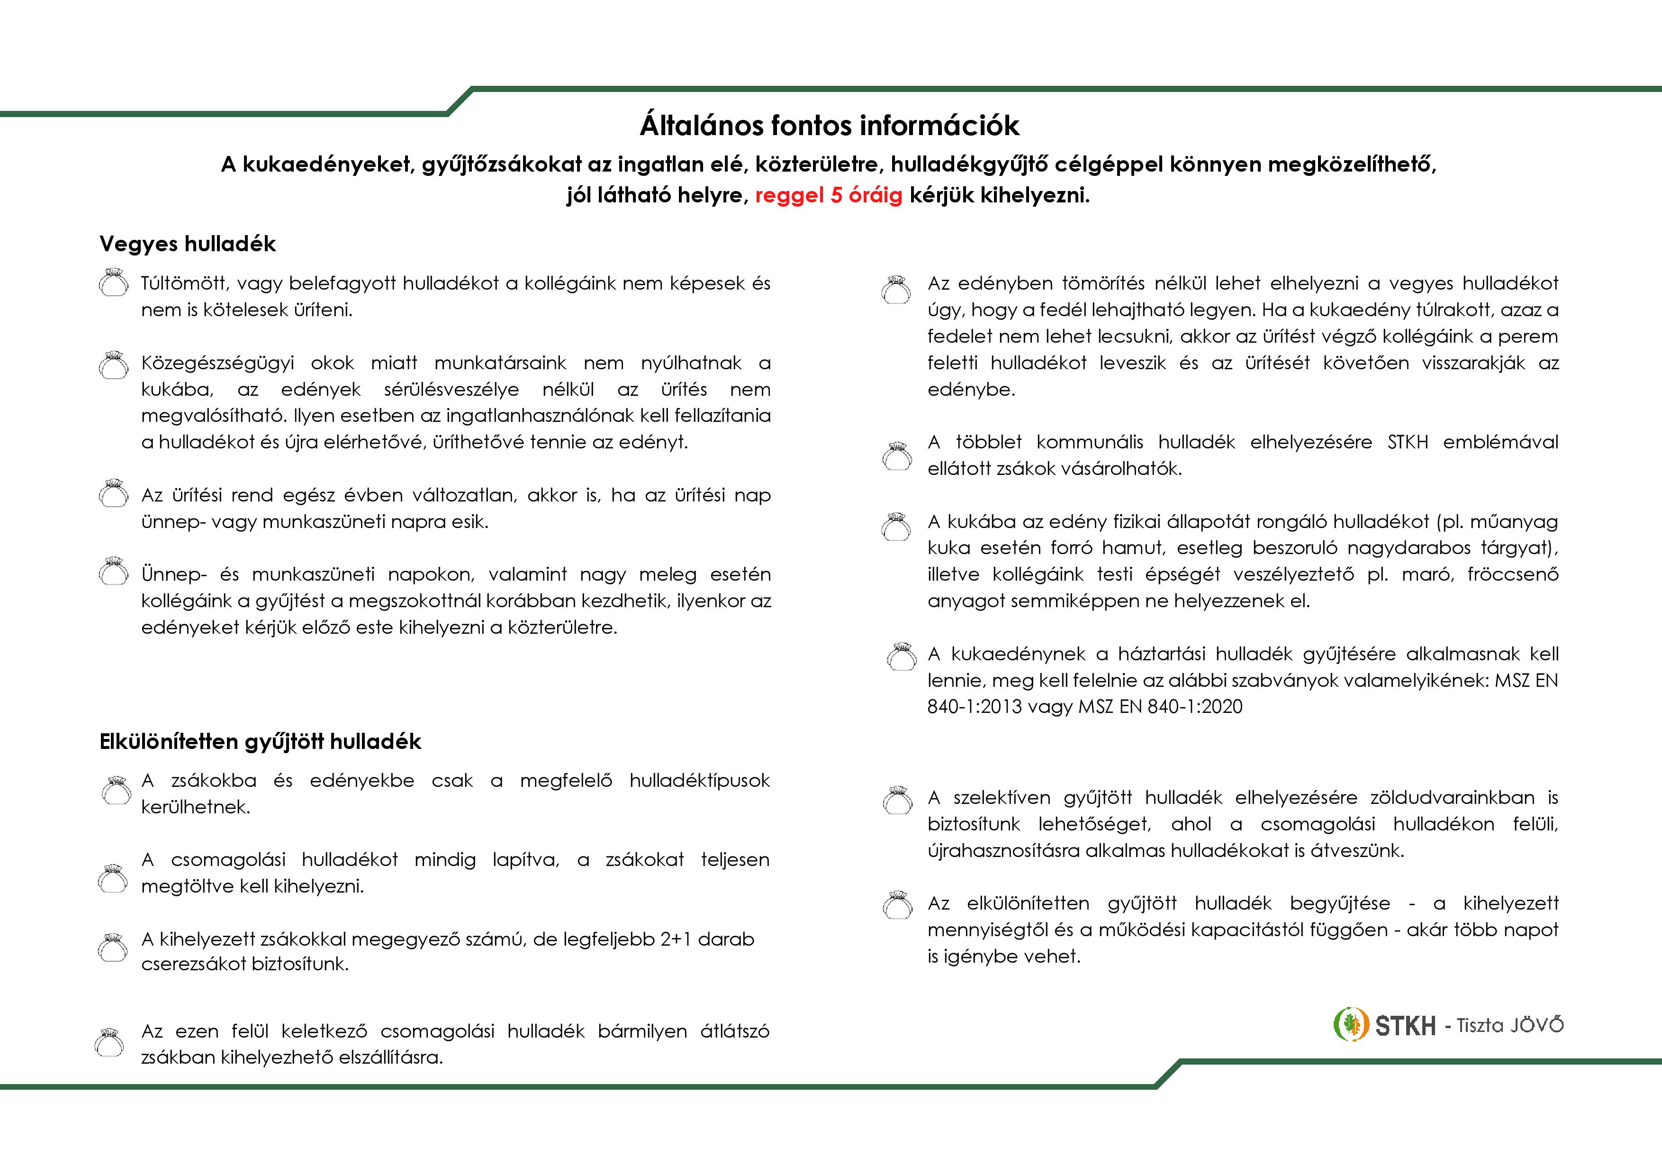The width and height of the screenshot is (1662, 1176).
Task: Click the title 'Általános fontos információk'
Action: (x=830, y=125)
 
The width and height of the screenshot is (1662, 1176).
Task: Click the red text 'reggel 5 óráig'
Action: (x=828, y=195)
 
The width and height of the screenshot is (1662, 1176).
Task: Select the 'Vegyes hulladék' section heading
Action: (x=188, y=244)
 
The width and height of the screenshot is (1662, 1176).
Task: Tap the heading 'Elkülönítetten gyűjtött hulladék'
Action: (x=260, y=741)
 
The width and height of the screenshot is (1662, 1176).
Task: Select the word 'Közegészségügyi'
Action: (x=217, y=363)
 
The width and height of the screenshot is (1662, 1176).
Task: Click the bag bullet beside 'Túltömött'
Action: (x=113, y=284)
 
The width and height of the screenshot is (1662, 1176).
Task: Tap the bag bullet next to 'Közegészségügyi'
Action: (x=113, y=365)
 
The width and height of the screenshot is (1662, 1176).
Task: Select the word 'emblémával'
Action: (x=1500, y=442)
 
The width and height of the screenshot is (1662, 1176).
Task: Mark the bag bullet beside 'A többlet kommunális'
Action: (x=897, y=456)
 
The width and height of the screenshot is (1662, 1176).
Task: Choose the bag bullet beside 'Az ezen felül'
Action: (x=109, y=1043)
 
